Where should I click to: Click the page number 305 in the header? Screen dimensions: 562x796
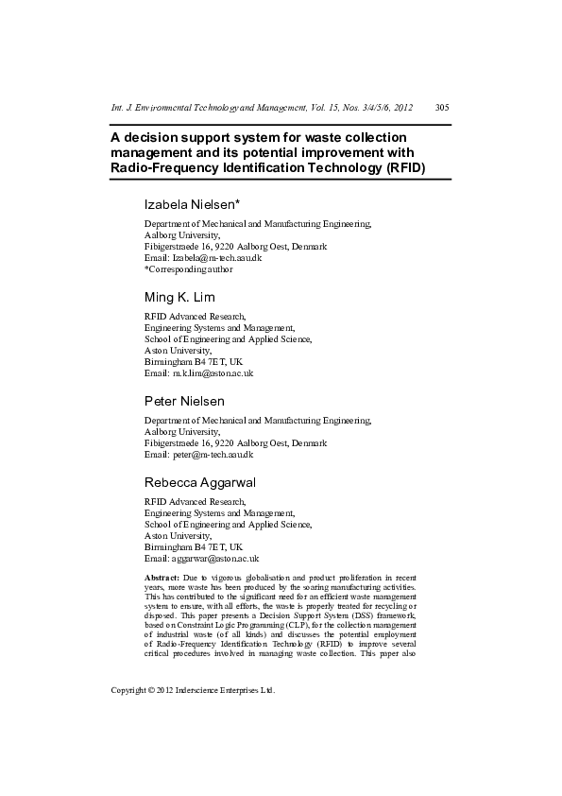coord(441,107)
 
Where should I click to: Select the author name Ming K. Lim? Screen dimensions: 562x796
coord(179,297)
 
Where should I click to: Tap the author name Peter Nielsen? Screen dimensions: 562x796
coord(183,401)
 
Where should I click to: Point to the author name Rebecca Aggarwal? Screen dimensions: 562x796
coord(199,482)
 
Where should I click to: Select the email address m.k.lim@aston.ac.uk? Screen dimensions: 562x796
coord(213,372)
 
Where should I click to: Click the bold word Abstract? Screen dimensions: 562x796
coord(161,576)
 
